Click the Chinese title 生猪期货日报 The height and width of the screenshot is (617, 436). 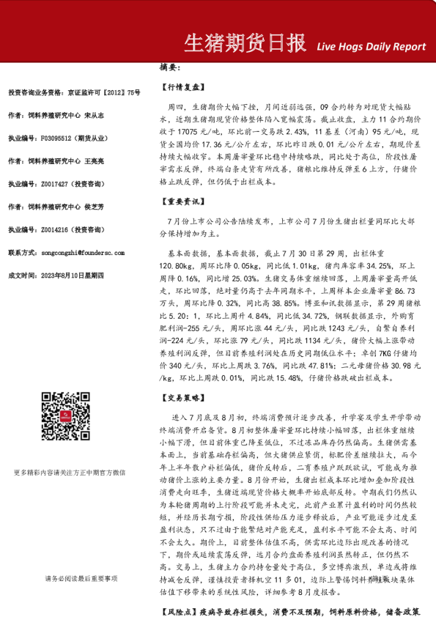click(243, 44)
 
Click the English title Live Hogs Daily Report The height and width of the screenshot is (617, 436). click(371, 46)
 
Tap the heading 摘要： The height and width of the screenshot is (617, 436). click(170, 67)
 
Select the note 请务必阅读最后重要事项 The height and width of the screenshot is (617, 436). click(81, 558)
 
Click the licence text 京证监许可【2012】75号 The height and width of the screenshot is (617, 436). click(107, 93)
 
